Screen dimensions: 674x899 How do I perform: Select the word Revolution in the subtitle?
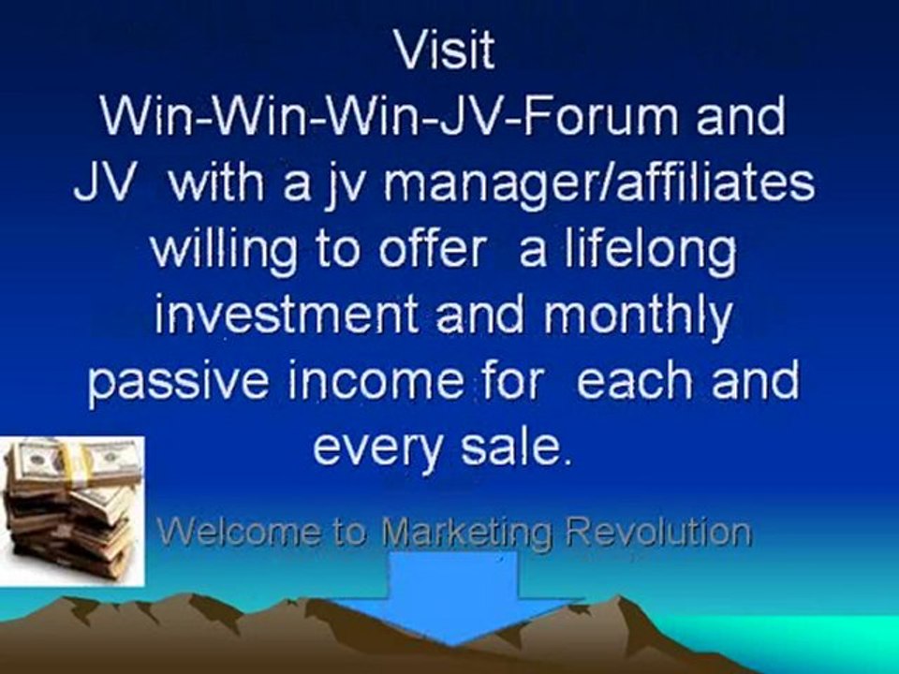(x=660, y=533)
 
